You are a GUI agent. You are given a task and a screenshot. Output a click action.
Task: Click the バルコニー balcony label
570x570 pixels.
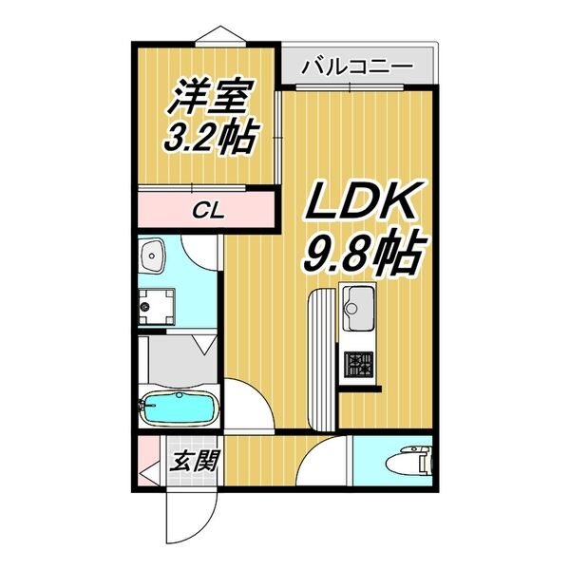click(x=356, y=67)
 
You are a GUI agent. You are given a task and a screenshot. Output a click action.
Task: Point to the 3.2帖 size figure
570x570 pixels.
click(x=212, y=140)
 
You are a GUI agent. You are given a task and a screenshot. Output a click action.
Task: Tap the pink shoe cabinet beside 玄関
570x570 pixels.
click(x=149, y=465)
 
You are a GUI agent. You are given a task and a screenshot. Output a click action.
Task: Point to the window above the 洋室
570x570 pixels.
click(x=218, y=36)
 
